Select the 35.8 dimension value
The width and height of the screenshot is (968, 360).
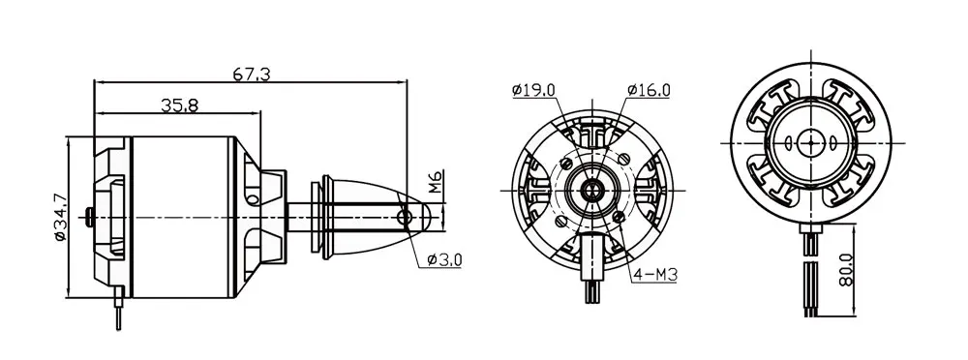click(179, 106)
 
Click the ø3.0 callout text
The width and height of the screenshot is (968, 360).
click(443, 259)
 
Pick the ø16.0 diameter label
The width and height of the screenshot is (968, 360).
click(649, 91)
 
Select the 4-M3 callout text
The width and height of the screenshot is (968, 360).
click(654, 275)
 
